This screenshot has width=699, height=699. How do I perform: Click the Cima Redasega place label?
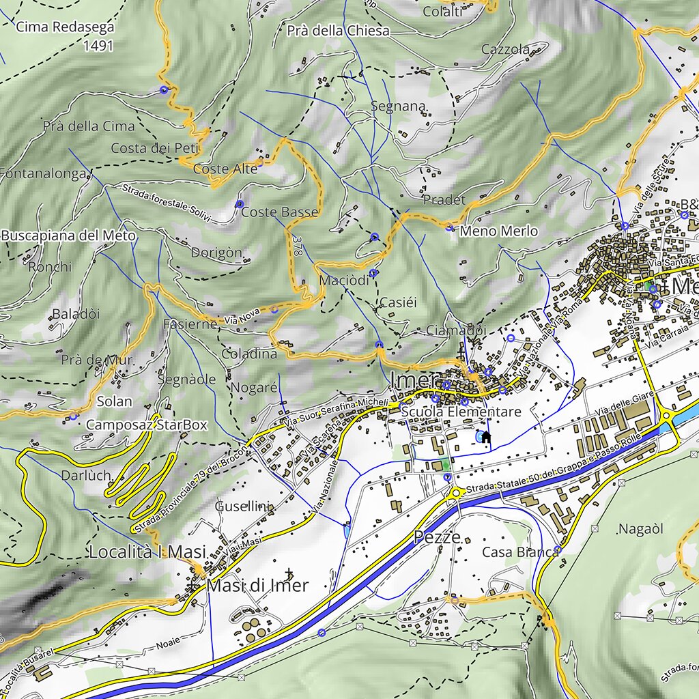(x=65, y=27)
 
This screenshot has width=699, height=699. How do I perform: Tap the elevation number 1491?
(x=98, y=46)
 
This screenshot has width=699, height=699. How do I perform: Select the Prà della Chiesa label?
(x=338, y=31)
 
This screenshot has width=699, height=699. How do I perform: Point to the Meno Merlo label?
(x=498, y=231)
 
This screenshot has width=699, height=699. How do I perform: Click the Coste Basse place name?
(x=280, y=212)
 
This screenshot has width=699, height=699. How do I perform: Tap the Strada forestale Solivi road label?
(x=167, y=203)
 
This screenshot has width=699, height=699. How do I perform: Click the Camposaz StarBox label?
(x=146, y=425)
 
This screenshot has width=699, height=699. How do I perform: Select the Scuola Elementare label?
(x=461, y=412)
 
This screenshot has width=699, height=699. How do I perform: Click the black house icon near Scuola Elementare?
(x=486, y=437)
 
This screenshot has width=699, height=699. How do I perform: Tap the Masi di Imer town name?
(x=257, y=585)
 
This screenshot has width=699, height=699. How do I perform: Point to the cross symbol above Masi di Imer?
(x=289, y=573)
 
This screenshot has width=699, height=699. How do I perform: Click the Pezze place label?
(x=438, y=537)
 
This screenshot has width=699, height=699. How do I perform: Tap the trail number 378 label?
(x=296, y=246)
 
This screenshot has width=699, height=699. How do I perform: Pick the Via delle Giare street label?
(x=624, y=403)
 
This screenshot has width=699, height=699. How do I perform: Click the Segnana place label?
(x=399, y=106)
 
